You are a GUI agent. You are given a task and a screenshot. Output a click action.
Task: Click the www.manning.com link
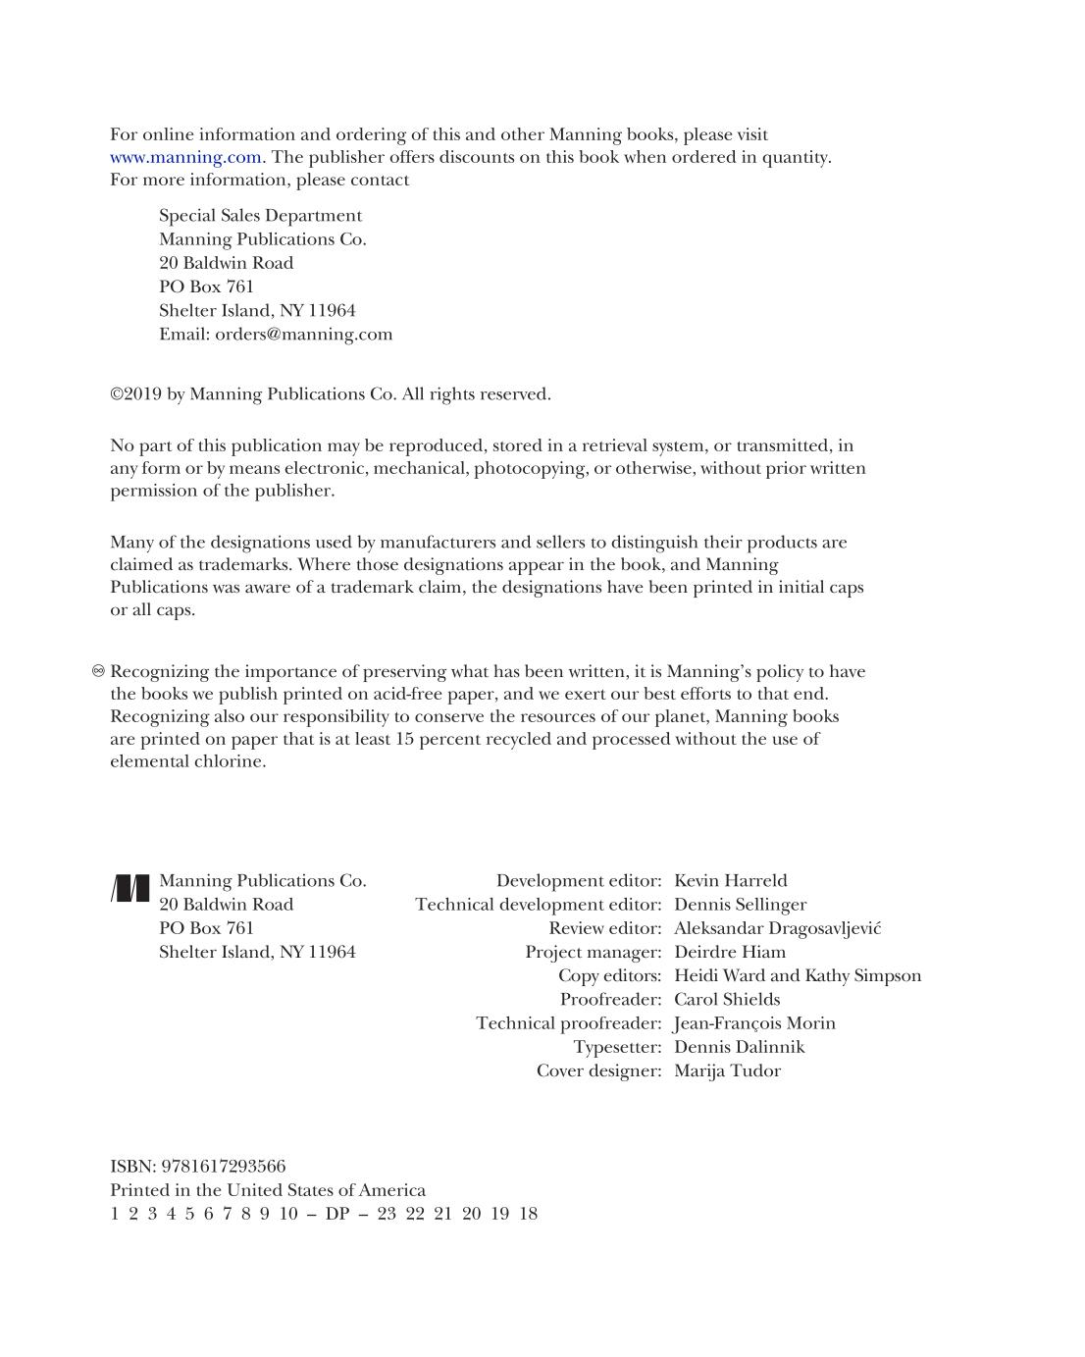click(x=185, y=157)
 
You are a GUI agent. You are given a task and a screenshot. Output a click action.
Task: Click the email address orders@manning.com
click(x=303, y=334)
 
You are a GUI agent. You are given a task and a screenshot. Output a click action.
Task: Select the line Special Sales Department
click(x=260, y=216)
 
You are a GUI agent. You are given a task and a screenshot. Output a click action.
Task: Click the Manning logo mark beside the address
click(x=130, y=887)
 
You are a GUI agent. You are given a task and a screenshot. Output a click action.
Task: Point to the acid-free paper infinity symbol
click(x=98, y=671)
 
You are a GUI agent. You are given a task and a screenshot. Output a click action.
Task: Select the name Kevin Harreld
click(x=730, y=881)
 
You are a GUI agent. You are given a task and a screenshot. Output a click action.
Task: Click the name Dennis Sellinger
click(x=740, y=905)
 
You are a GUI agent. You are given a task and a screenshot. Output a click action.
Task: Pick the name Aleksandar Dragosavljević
click(x=777, y=928)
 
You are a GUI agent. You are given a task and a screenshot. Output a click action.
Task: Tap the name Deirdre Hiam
click(x=729, y=952)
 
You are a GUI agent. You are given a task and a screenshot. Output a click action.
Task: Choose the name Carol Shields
click(x=727, y=1000)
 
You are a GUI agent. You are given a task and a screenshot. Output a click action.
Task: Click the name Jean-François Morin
click(x=754, y=1023)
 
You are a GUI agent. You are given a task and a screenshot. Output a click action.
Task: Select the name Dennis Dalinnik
click(x=739, y=1047)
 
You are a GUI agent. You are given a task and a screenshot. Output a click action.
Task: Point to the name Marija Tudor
click(x=727, y=1070)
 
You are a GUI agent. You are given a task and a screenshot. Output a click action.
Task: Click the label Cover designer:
click(x=598, y=1070)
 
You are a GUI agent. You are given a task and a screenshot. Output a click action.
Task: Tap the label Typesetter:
click(x=617, y=1047)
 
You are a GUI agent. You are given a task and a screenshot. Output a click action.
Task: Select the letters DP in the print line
click(x=336, y=1214)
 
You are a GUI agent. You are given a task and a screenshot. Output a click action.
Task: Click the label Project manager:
click(x=593, y=952)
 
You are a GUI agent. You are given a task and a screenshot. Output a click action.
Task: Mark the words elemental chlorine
click(x=187, y=761)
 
